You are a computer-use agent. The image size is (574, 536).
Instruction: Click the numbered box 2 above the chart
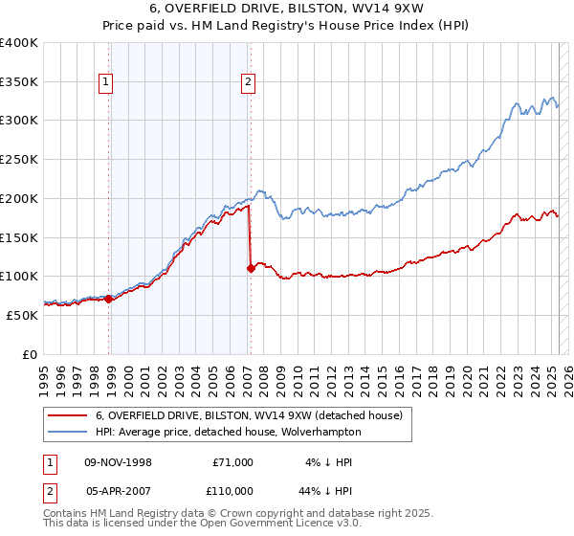pyautogui.click(x=248, y=83)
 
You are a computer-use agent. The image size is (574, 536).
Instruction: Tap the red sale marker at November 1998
pyautogui.click(x=109, y=299)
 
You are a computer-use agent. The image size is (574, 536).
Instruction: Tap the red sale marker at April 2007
pyautogui.click(x=251, y=268)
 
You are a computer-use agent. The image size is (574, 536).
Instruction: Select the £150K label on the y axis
pyautogui.click(x=19, y=236)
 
